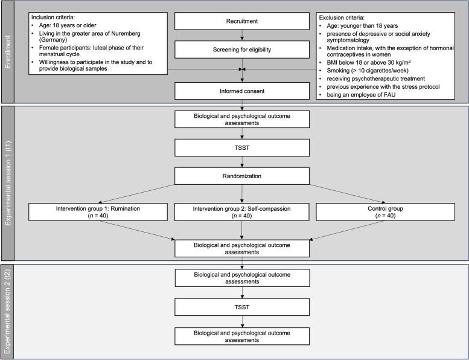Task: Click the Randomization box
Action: (242, 176)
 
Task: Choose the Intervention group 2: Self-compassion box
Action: (242, 213)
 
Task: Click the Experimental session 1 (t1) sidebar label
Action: (7, 182)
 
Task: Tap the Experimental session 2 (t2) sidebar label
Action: (7, 311)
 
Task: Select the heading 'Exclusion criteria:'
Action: (343, 10)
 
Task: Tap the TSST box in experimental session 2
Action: (242, 306)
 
